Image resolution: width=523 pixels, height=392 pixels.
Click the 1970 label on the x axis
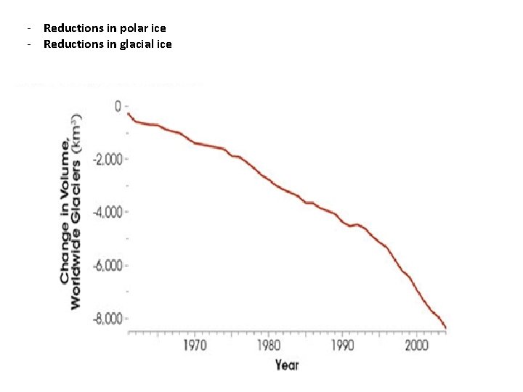point(194,344)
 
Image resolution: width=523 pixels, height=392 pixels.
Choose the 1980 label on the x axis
point(268,344)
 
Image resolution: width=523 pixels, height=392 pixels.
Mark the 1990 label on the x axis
point(341,344)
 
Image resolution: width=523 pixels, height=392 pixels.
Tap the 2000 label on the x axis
point(415,344)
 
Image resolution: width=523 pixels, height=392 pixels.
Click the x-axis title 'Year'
point(287,364)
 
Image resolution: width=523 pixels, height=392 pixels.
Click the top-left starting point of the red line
point(129,113)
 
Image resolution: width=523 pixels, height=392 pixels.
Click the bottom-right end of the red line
point(445,328)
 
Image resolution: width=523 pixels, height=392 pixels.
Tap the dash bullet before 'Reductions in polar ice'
point(27,28)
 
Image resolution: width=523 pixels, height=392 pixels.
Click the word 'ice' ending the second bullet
point(164,44)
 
